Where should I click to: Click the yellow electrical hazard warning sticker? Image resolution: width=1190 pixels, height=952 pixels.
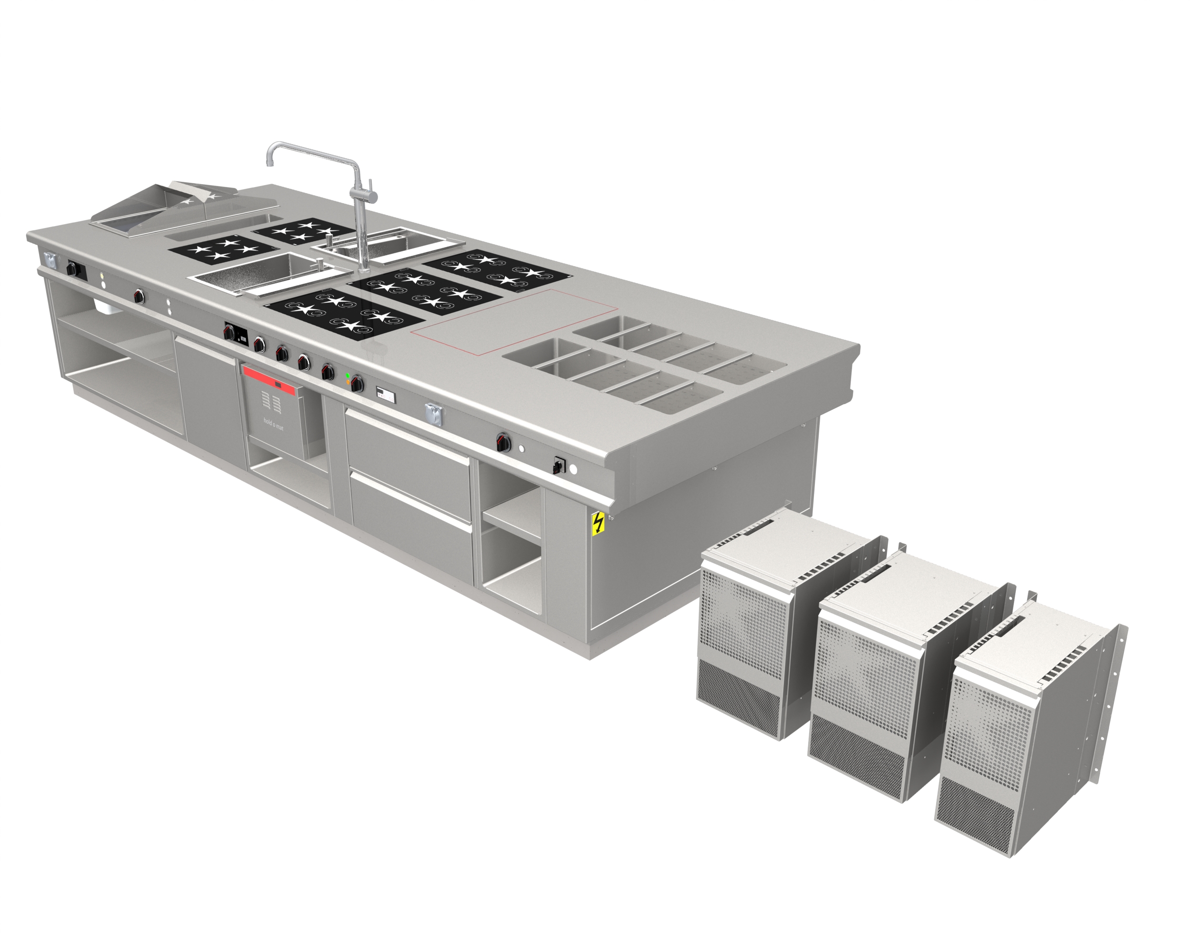[x=597, y=523]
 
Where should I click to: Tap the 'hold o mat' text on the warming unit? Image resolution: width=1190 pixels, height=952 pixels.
[x=273, y=425]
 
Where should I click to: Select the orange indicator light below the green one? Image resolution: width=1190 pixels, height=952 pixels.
[x=347, y=382]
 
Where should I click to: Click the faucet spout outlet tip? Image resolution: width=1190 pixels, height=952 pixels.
[x=269, y=163]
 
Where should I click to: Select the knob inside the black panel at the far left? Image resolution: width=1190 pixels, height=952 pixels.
[x=71, y=269]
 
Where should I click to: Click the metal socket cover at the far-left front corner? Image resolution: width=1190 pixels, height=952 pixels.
[x=50, y=259]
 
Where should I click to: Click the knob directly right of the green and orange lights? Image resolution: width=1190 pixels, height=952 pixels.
[x=357, y=383]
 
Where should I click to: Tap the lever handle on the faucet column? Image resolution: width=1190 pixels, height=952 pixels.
[x=370, y=188]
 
